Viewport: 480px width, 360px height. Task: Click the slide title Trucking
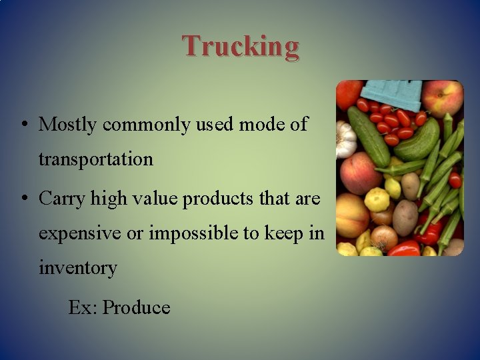click(241, 46)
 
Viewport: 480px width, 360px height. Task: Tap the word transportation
click(96, 160)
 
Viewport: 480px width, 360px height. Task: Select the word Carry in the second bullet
click(61, 198)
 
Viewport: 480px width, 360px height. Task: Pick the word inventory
click(78, 269)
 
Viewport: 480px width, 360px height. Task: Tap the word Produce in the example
click(137, 307)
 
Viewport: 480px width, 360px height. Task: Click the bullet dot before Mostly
click(24, 125)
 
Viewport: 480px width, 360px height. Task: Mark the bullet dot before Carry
click(24, 198)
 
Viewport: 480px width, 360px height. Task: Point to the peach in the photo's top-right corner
click(443, 97)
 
